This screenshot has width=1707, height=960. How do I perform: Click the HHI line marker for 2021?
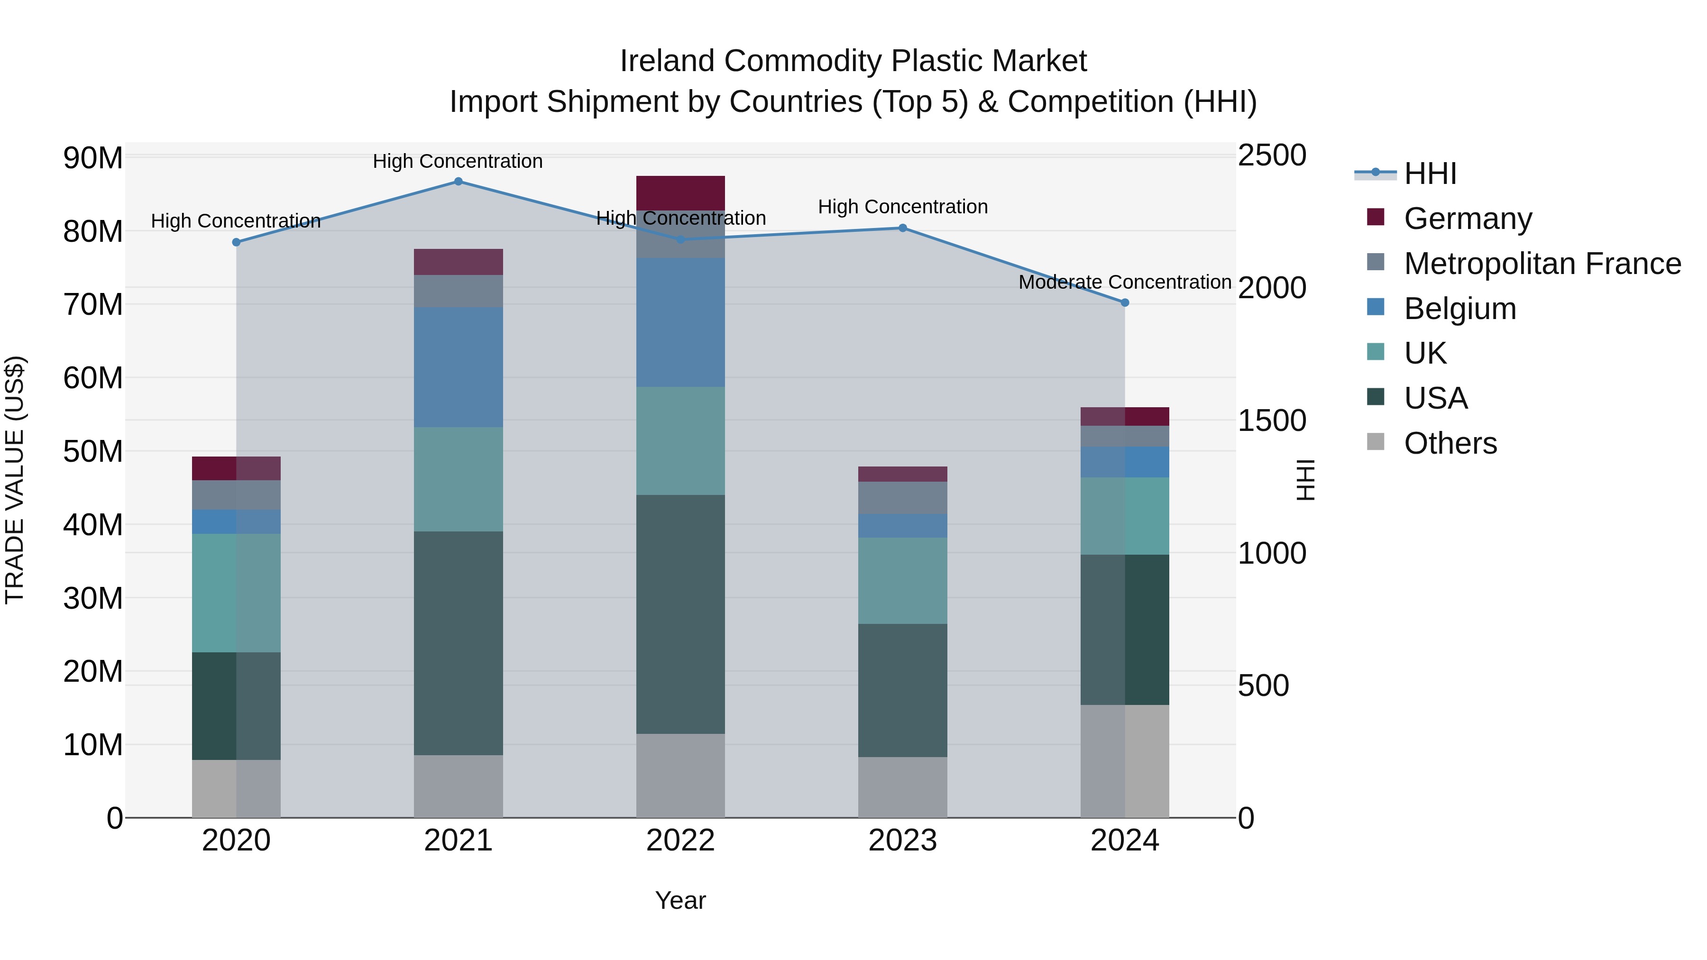pyautogui.click(x=458, y=182)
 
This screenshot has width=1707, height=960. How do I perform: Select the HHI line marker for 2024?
pyautogui.click(x=1125, y=303)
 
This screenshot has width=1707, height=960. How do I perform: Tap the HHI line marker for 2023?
pyautogui.click(x=902, y=228)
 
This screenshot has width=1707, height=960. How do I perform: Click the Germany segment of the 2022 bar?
pyautogui.click(x=680, y=193)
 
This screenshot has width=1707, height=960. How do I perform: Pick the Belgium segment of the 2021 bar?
pyautogui.click(x=458, y=367)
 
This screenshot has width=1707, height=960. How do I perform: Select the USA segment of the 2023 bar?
pyautogui.click(x=902, y=690)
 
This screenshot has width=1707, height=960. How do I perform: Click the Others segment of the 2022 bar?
pyautogui.click(x=680, y=775)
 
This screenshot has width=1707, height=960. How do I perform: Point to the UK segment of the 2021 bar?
pyautogui.click(x=458, y=479)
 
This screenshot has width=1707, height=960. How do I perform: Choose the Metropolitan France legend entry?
pyautogui.click(x=1542, y=264)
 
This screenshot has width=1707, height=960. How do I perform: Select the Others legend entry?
pyautogui.click(x=1450, y=443)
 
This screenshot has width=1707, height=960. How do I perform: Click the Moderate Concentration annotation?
pyautogui.click(x=1125, y=282)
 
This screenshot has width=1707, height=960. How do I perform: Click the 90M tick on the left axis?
pyautogui.click(x=93, y=158)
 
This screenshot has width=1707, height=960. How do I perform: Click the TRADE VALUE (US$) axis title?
pyautogui.click(x=15, y=480)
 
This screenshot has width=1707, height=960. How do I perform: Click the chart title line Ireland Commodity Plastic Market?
pyautogui.click(x=853, y=61)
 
